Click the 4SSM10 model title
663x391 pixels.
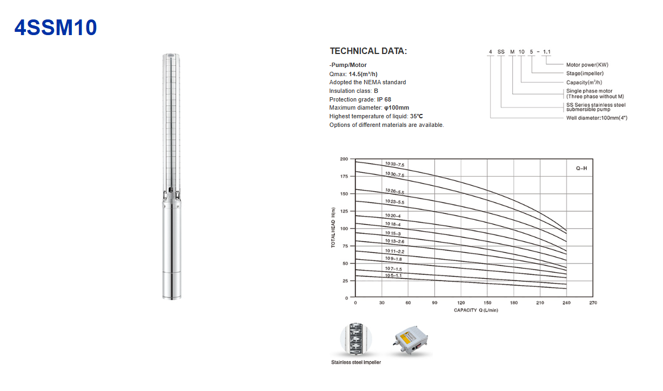(56, 28)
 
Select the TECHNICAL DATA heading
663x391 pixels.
(369, 51)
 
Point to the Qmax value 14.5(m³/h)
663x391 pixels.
(363, 74)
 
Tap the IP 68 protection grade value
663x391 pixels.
(384, 99)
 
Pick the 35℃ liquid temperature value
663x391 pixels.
(417, 116)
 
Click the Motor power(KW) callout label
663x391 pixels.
(587, 65)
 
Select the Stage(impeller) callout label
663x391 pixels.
(585, 73)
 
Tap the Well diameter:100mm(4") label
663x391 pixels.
(597, 118)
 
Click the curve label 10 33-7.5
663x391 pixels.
(394, 164)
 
